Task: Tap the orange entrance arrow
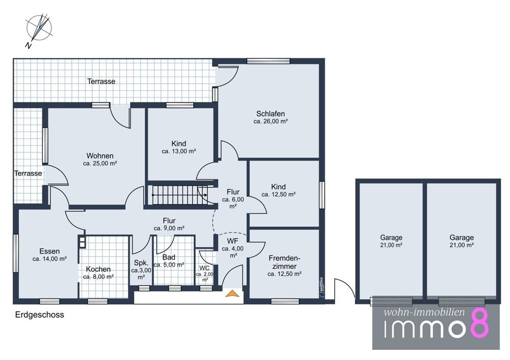(x=232, y=293)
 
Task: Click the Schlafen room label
(x=270, y=117)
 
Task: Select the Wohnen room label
(x=100, y=160)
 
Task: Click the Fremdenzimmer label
(x=284, y=266)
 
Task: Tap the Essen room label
(x=49, y=255)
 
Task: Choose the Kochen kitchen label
(x=98, y=273)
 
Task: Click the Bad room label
(x=169, y=261)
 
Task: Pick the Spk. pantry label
(x=141, y=270)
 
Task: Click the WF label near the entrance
(x=233, y=248)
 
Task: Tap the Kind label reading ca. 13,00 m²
(x=178, y=147)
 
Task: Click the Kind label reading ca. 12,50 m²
(x=278, y=190)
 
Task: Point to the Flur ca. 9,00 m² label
(x=169, y=224)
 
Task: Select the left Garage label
(x=391, y=241)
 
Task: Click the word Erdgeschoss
(x=40, y=315)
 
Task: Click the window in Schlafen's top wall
(x=268, y=61)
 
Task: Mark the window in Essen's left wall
(x=16, y=253)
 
